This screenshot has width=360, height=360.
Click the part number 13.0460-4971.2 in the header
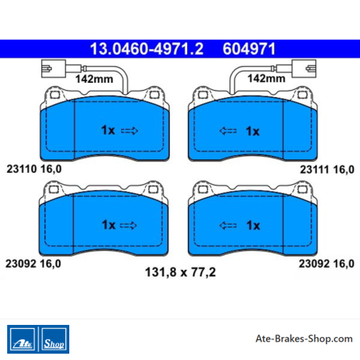pyautogui.click(x=147, y=49)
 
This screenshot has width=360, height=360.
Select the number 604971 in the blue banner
pyautogui.click(x=249, y=49)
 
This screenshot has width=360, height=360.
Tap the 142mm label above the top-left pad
pyautogui.click(x=94, y=79)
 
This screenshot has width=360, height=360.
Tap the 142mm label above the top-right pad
pyautogui.click(x=266, y=78)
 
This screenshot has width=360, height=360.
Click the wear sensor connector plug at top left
pyautogui.click(x=53, y=68)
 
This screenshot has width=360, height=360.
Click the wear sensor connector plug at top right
pyautogui.click(x=303, y=68)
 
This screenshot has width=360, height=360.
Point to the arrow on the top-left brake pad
pyautogui.click(x=130, y=131)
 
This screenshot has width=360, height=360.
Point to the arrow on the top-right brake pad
pyautogui.click(x=228, y=131)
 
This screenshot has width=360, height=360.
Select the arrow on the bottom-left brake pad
pyautogui.click(x=128, y=225)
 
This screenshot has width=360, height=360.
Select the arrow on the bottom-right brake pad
pyautogui.click(x=228, y=225)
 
